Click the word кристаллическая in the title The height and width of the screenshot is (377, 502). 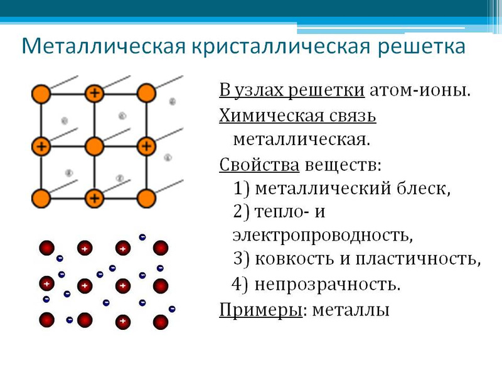pyautogui.click(x=281, y=46)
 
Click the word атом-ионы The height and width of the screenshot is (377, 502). pyautogui.click(x=420, y=90)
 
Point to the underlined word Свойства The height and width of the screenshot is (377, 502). pyautogui.click(x=259, y=165)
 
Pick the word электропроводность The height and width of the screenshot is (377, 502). pyautogui.click(x=323, y=235)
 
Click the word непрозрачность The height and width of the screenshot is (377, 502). pyautogui.click(x=327, y=285)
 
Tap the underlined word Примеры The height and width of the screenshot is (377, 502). pyautogui.click(x=260, y=310)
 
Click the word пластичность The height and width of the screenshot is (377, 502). pyautogui.click(x=418, y=258)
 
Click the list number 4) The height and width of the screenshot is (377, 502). pyautogui.click(x=240, y=284)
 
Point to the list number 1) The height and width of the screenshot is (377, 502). pyautogui.click(x=242, y=188)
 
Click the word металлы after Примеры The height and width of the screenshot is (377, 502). pyautogui.click(x=351, y=310)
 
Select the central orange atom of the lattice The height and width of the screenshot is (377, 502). pyautogui.click(x=95, y=146)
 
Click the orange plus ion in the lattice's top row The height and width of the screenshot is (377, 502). pyautogui.click(x=95, y=93)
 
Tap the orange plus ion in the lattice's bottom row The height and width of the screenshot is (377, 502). pyautogui.click(x=95, y=198)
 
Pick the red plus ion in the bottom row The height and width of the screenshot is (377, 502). pyautogui.click(x=122, y=321)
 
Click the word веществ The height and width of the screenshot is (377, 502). pyautogui.click(x=343, y=165)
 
